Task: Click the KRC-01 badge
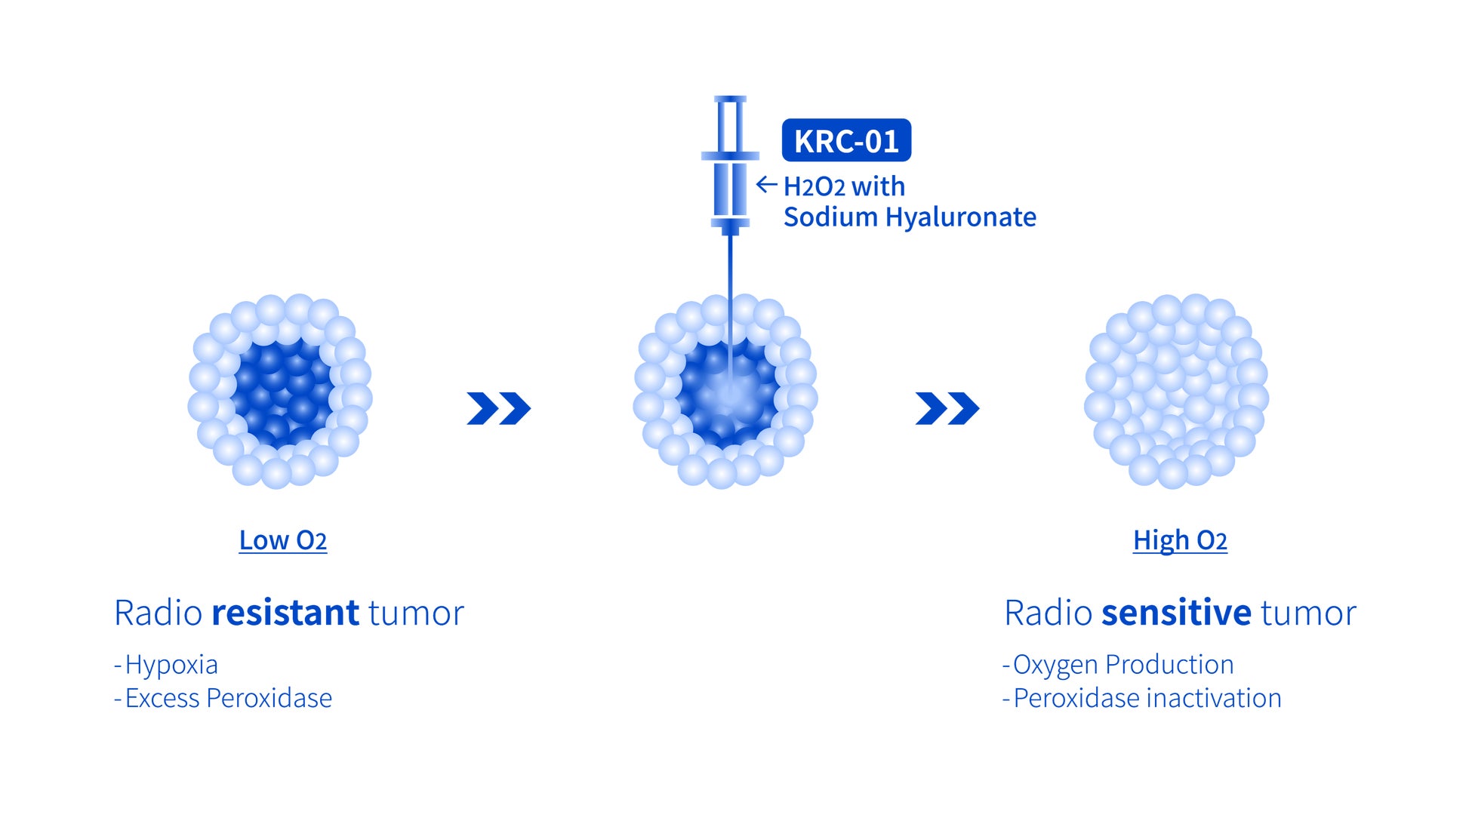click(846, 140)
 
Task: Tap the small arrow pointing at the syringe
click(766, 184)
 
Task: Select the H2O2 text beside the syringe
click(814, 186)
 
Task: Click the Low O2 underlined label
click(283, 540)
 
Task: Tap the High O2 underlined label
click(1180, 541)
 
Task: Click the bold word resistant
click(285, 612)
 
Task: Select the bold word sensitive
click(1176, 612)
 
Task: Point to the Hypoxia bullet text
click(166, 665)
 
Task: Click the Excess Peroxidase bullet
click(223, 699)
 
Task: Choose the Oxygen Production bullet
click(1118, 665)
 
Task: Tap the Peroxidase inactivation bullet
click(1141, 699)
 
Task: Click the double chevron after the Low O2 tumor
click(499, 408)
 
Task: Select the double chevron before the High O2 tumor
click(947, 408)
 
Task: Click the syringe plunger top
click(730, 99)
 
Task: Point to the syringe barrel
click(730, 189)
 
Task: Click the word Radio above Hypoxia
click(159, 612)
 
